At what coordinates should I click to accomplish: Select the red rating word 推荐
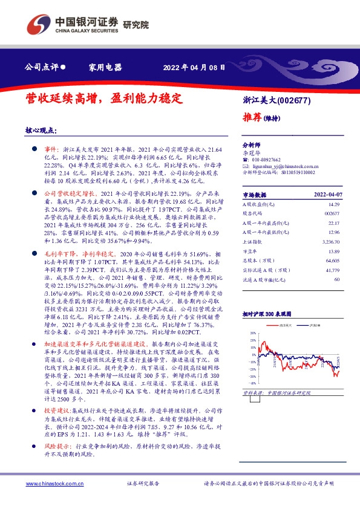pyautogui.click(x=252, y=117)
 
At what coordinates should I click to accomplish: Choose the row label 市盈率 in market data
pyautogui.click(x=249, y=250)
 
